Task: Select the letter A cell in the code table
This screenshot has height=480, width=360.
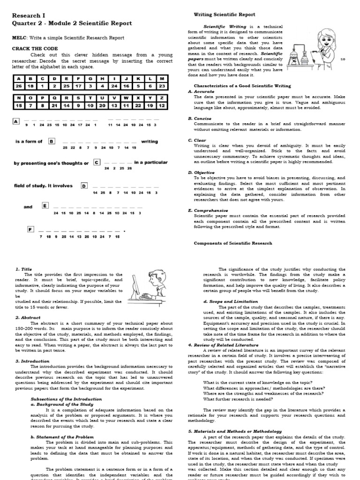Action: point(19,78)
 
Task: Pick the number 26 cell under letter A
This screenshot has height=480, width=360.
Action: point(19,86)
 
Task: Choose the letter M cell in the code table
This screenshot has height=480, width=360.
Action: point(162,78)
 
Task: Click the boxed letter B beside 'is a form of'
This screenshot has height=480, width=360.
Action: point(52,141)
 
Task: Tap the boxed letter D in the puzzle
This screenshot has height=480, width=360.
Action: point(84,186)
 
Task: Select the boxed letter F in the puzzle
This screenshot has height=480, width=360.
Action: point(31,229)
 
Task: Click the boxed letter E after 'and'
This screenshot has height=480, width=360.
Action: point(45,205)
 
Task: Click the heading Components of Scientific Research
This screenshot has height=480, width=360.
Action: point(232,243)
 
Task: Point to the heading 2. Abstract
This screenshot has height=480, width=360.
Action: point(28,317)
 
